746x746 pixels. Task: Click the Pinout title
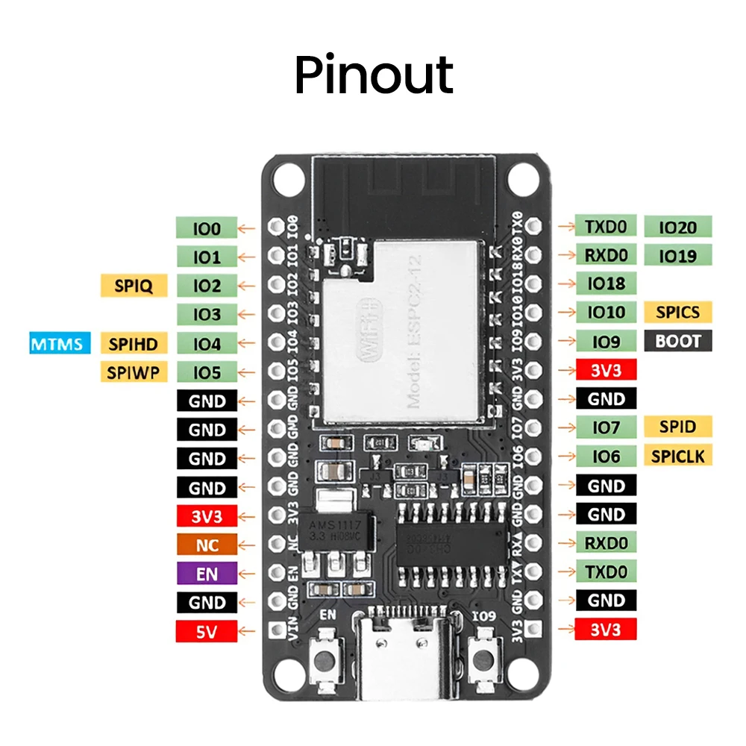point(374,74)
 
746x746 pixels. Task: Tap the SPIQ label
point(134,285)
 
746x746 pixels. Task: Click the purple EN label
point(207,574)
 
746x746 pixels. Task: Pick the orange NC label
point(207,545)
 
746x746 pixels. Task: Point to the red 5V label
point(207,631)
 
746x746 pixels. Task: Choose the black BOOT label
point(678,342)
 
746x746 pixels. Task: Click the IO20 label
point(678,226)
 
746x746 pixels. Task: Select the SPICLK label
point(678,455)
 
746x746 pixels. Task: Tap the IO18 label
point(606,283)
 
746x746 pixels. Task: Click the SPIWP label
point(134,372)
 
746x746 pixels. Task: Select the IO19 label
point(678,255)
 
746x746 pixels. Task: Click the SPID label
point(678,426)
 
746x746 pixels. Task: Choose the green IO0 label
point(207,228)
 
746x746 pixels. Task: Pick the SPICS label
point(678,312)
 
